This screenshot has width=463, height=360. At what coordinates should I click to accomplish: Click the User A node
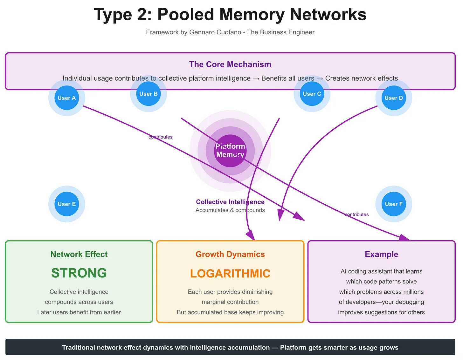(x=67, y=98)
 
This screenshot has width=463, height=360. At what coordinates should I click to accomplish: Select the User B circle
(x=149, y=94)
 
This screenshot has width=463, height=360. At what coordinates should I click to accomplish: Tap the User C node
(x=312, y=94)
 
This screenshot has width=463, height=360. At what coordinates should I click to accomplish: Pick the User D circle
(x=394, y=98)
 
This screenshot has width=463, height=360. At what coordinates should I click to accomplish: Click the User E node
(x=67, y=204)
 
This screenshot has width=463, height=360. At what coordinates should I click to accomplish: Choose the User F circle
(x=394, y=204)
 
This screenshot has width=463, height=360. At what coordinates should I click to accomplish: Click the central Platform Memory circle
(x=230, y=151)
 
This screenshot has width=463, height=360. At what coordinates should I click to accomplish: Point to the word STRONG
(x=79, y=273)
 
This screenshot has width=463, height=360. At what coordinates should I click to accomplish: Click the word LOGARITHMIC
(x=230, y=274)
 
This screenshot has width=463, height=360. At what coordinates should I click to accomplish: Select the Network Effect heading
(x=79, y=254)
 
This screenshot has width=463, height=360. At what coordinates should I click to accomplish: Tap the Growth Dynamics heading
(x=230, y=254)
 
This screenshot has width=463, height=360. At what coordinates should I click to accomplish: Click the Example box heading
(x=381, y=254)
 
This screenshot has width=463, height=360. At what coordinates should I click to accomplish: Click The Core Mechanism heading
(x=230, y=65)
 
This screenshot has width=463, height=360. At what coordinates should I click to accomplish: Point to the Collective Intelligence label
(x=230, y=202)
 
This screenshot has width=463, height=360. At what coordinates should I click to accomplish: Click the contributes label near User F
(x=356, y=214)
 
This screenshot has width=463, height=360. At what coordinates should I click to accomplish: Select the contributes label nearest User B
(x=160, y=137)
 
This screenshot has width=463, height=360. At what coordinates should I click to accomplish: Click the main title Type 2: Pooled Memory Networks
(x=230, y=15)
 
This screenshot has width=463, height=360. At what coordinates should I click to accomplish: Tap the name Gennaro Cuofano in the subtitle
(x=215, y=32)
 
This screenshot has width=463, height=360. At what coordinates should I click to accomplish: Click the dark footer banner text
(x=230, y=347)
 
